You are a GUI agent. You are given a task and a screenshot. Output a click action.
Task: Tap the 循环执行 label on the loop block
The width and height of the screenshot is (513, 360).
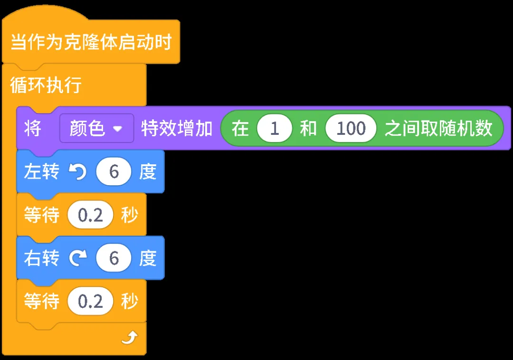point(46,86)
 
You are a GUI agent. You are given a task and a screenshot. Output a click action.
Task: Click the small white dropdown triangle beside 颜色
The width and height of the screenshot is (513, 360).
point(117,129)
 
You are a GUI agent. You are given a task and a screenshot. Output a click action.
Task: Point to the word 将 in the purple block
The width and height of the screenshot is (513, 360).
point(32,129)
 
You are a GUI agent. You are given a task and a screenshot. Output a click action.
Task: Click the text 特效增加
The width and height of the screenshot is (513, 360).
point(177,129)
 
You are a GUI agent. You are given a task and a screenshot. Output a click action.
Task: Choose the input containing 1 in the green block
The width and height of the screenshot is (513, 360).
point(274,129)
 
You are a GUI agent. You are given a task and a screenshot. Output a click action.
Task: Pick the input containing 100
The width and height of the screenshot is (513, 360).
point(351,129)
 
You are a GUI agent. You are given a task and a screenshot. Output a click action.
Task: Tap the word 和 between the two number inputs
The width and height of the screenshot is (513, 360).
point(308,129)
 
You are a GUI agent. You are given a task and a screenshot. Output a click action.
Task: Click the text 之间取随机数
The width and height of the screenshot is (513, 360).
point(438,129)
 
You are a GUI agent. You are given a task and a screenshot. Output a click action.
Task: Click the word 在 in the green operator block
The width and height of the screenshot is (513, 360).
point(240,129)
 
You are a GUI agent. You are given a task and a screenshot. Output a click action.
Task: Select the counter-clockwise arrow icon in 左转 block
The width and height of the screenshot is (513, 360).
point(77,172)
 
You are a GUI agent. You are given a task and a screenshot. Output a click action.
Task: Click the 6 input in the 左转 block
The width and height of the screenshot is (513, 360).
point(114,172)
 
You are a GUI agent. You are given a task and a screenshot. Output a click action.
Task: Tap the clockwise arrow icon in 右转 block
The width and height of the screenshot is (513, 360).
point(77,258)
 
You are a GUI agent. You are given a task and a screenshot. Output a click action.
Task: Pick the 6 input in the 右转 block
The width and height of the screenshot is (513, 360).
point(114,258)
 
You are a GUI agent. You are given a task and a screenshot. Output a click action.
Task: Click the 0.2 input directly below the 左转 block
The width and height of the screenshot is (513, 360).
point(90,216)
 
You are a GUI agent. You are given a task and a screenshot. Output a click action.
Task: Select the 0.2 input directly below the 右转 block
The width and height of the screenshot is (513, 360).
point(90,302)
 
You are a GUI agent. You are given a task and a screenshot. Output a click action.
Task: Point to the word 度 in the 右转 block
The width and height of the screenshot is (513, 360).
point(148,258)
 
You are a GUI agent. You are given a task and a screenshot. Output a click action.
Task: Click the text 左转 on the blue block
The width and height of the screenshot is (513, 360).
point(41,172)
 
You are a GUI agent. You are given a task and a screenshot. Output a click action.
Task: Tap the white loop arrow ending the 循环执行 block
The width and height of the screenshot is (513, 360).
point(129,338)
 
